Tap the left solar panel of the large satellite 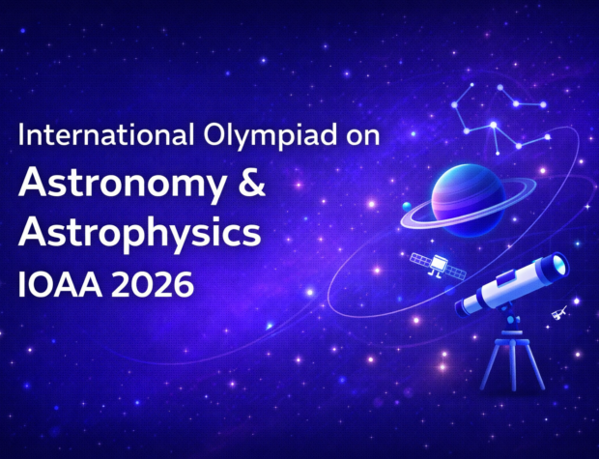pos(421,259)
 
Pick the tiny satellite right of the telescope pos(558,314)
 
